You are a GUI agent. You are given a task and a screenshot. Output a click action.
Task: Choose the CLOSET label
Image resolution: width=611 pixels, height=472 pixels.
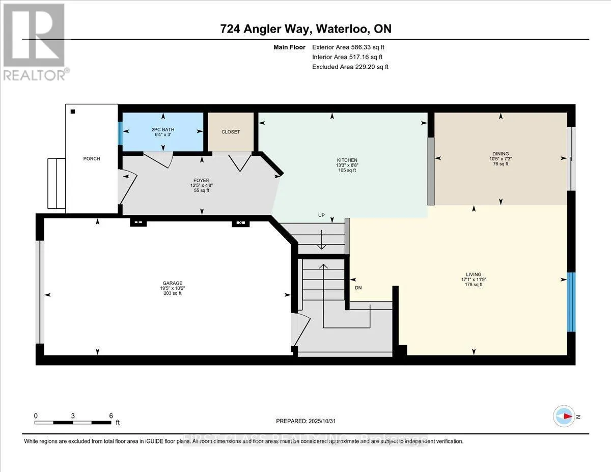231,132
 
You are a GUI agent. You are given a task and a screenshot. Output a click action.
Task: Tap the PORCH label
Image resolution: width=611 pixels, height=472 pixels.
92,159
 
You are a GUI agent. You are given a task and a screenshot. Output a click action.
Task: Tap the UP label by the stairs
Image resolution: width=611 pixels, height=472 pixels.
321,216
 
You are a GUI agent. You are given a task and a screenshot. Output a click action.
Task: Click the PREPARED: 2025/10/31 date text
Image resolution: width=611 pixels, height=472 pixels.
306,421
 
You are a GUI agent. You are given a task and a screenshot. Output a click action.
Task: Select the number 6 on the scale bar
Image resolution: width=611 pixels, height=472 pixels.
111,415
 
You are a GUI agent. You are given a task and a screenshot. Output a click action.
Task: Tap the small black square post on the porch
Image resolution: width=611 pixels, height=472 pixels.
73,112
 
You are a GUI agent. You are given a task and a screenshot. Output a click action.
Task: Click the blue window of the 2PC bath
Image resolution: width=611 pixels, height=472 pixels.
121,134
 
